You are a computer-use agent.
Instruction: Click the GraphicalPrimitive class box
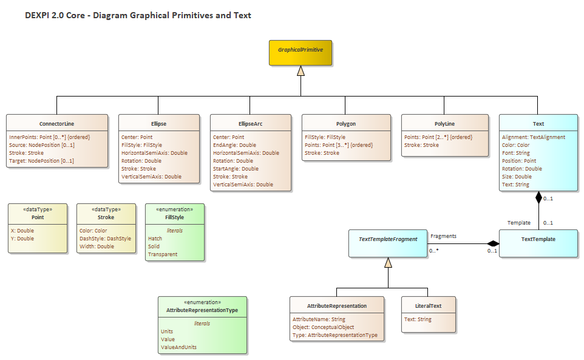(x=300, y=53)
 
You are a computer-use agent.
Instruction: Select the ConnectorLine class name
(x=57, y=123)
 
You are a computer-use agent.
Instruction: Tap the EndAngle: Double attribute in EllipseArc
(x=234, y=145)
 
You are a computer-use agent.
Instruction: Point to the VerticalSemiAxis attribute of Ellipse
(x=151, y=177)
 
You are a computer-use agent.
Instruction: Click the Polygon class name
(x=346, y=123)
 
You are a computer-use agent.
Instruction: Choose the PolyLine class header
(x=445, y=123)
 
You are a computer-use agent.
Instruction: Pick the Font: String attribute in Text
(x=515, y=153)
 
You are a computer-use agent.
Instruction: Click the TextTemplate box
(x=538, y=239)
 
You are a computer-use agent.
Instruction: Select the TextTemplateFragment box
(x=388, y=239)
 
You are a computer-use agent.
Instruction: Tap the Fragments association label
(x=443, y=236)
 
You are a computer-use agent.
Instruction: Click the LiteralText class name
(x=428, y=305)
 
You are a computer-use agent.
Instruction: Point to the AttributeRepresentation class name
(x=337, y=305)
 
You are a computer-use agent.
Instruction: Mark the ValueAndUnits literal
(x=178, y=347)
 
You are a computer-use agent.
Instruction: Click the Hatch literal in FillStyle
(x=155, y=239)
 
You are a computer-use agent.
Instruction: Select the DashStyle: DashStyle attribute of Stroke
(x=105, y=239)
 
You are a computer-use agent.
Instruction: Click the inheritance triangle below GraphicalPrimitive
(x=300, y=72)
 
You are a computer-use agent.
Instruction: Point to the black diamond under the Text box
(x=538, y=198)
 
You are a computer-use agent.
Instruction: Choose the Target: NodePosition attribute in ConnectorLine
(x=41, y=161)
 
